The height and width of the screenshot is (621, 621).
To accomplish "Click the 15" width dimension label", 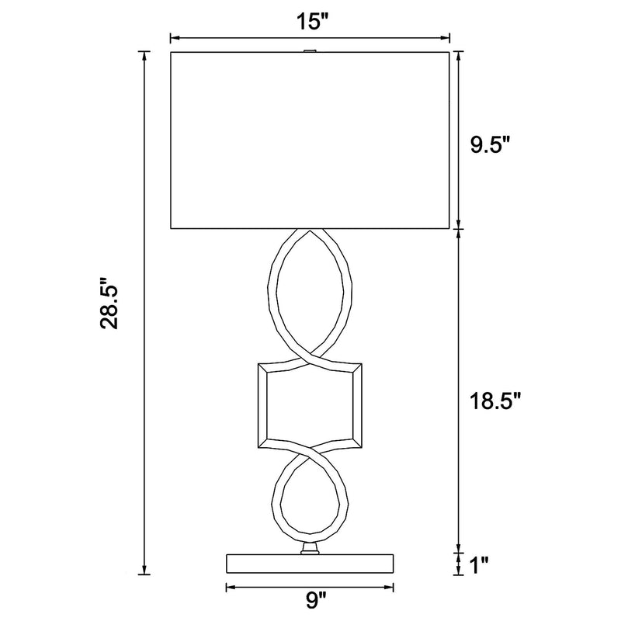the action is [313, 21].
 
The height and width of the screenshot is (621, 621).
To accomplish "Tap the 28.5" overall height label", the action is [109, 304].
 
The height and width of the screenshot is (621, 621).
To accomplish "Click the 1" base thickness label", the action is [479, 565].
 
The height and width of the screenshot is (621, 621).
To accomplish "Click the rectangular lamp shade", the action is [310, 141].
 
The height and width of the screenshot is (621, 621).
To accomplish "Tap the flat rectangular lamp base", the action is [310, 564].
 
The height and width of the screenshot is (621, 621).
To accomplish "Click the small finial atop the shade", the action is [310, 50].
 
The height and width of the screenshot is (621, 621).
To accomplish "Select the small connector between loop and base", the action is [310, 549].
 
